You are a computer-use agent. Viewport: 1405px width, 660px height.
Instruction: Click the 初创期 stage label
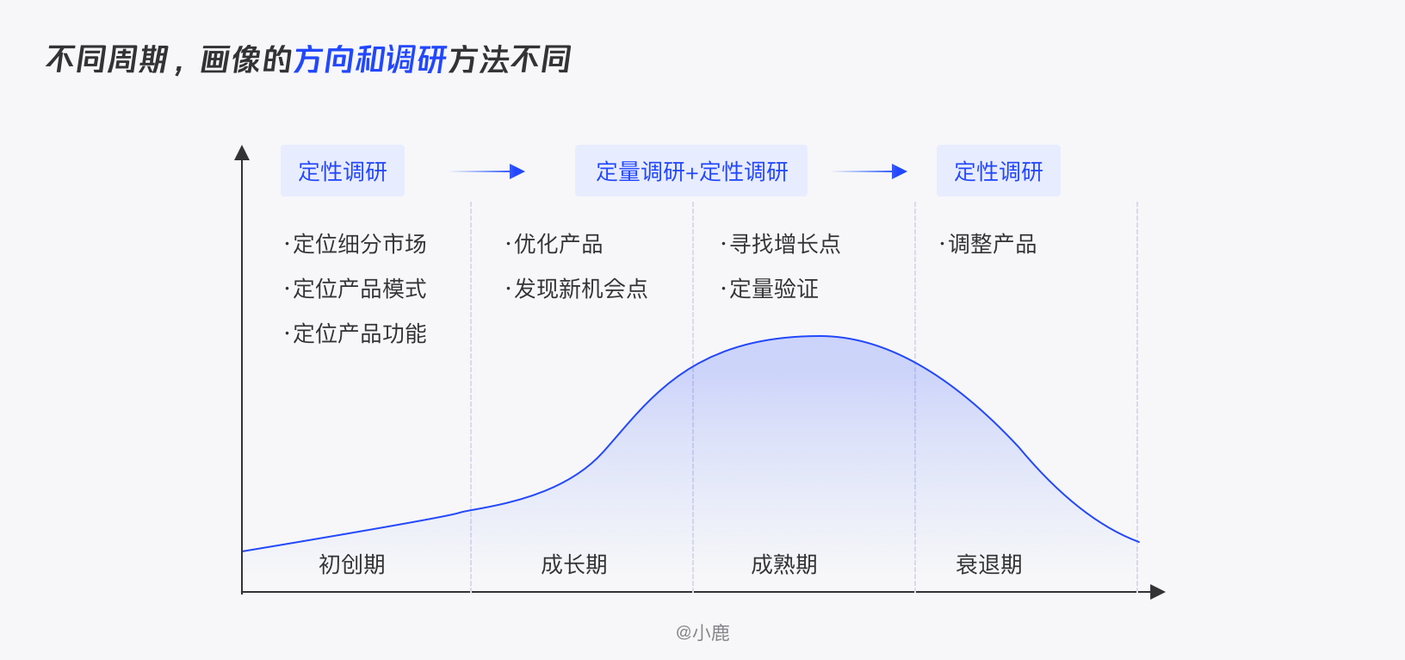click(x=352, y=563)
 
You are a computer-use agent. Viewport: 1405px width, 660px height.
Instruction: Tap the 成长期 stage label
click(x=574, y=563)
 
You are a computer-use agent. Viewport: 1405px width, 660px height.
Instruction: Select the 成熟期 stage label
click(x=784, y=563)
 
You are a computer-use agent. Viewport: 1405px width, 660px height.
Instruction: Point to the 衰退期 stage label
click(x=988, y=563)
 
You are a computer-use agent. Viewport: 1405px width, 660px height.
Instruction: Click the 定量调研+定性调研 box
click(x=691, y=171)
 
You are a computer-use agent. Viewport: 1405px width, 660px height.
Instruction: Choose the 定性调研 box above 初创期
click(x=343, y=171)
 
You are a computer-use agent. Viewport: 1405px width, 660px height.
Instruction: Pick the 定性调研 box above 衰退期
click(x=999, y=171)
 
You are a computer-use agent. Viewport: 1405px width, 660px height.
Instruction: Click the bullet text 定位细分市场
click(x=359, y=244)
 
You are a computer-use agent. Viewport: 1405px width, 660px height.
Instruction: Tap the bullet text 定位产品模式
click(x=359, y=289)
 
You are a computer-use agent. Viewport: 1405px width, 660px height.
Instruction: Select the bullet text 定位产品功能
click(x=359, y=333)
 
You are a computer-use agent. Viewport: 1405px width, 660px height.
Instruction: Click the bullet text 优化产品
click(x=558, y=244)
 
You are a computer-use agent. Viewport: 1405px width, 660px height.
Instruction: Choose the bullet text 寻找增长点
click(x=784, y=244)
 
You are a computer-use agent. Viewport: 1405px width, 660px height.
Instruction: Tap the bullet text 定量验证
click(x=773, y=289)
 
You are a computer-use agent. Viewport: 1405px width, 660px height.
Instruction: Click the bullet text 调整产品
click(x=993, y=244)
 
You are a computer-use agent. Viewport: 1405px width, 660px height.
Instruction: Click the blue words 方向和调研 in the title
click(x=370, y=59)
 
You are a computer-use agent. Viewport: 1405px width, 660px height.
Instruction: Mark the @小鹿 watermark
click(x=702, y=632)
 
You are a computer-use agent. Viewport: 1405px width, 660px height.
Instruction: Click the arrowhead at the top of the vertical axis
click(x=242, y=153)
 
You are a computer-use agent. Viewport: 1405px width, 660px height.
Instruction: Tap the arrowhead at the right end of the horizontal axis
click(x=1157, y=592)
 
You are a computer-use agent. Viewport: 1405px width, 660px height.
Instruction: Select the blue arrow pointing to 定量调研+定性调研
click(x=486, y=171)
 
